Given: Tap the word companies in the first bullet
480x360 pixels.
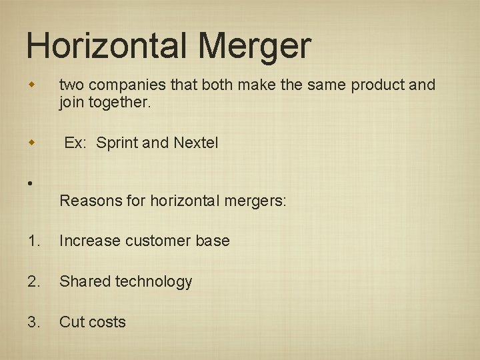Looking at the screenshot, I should pos(122,85).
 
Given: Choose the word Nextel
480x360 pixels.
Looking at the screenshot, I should pos(195,143).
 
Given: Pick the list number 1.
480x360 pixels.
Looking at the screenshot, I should pos(34,241).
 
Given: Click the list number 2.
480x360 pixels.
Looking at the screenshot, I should pos(34,281).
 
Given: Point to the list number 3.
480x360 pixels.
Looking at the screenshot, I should pos(34,322).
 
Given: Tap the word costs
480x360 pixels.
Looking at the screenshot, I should pos(107,322).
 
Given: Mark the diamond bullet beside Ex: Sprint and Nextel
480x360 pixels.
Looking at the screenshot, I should pos(31,143).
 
